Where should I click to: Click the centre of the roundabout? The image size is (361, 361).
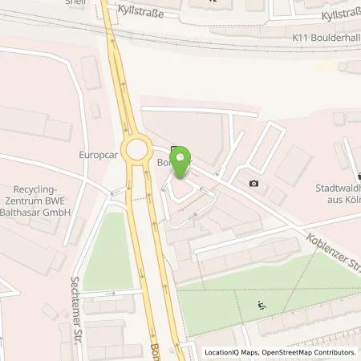[140, 149]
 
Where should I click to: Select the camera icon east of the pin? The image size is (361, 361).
[254, 184]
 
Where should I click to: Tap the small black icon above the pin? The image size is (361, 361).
[175, 148]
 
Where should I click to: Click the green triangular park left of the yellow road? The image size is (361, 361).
[107, 249]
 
